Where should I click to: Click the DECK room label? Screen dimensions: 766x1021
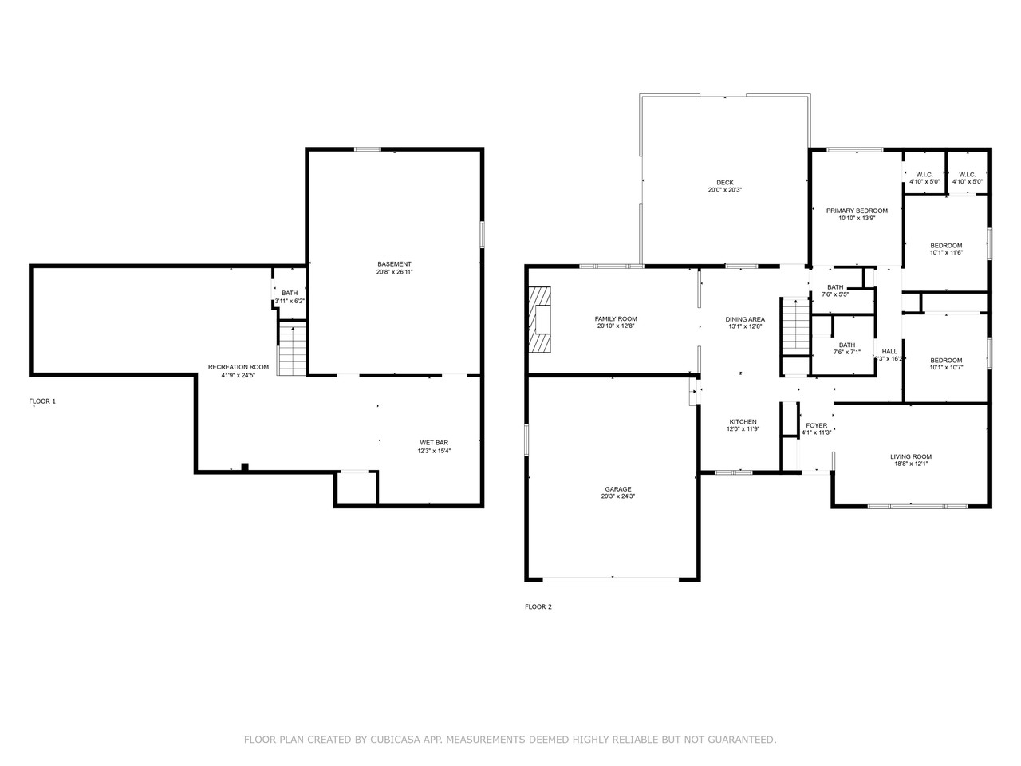click(725, 182)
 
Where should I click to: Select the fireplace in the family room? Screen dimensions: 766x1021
click(542, 319)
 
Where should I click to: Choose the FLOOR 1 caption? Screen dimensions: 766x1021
click(42, 401)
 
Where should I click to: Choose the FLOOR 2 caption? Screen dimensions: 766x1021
click(538, 606)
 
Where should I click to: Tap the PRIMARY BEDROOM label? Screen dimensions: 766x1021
click(857, 211)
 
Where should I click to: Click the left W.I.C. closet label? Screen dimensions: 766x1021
click(924, 175)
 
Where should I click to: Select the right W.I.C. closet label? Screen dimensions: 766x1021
click(967, 175)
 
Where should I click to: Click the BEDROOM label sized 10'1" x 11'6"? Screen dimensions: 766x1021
click(946, 245)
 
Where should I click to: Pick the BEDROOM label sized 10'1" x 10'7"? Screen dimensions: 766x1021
click(946, 360)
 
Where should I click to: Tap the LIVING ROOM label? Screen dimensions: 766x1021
click(911, 456)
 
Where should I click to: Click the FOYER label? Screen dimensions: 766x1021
click(817, 425)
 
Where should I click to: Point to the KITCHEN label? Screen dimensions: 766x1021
click(743, 421)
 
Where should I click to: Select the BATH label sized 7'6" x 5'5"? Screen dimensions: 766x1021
click(835, 287)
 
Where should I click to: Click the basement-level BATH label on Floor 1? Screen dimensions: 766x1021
click(289, 293)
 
